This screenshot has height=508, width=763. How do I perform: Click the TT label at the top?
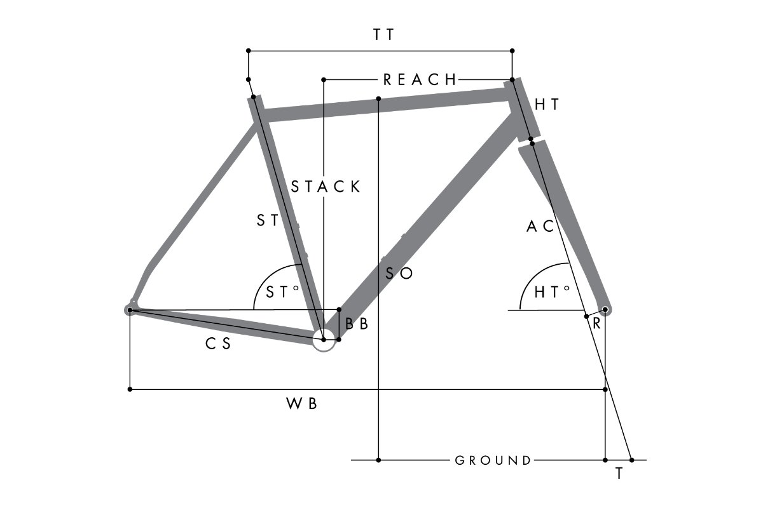click(x=383, y=35)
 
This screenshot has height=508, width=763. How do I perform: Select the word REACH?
click(x=420, y=79)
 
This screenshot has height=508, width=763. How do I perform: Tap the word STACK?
click(x=326, y=187)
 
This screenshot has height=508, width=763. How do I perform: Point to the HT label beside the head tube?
click(x=547, y=105)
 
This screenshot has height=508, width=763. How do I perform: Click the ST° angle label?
click(x=282, y=292)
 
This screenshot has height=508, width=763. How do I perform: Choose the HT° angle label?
click(x=551, y=292)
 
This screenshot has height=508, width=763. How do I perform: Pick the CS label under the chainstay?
click(x=217, y=344)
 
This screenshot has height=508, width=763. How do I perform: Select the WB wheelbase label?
click(x=301, y=404)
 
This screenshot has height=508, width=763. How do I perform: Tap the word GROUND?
click(x=493, y=460)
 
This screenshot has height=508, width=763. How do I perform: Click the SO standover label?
click(x=399, y=274)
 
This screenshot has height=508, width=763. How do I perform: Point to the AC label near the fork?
click(x=540, y=226)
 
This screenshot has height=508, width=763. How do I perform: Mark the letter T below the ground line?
click(x=619, y=474)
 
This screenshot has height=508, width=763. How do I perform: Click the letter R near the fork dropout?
click(x=596, y=323)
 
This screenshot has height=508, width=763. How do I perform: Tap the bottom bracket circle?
click(x=324, y=340)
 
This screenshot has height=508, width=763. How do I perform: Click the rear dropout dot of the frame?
click(x=130, y=310)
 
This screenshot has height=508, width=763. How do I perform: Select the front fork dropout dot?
click(x=605, y=310)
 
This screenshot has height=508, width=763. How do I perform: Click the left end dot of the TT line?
click(x=249, y=50)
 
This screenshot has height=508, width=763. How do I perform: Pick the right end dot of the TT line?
click(x=512, y=50)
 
